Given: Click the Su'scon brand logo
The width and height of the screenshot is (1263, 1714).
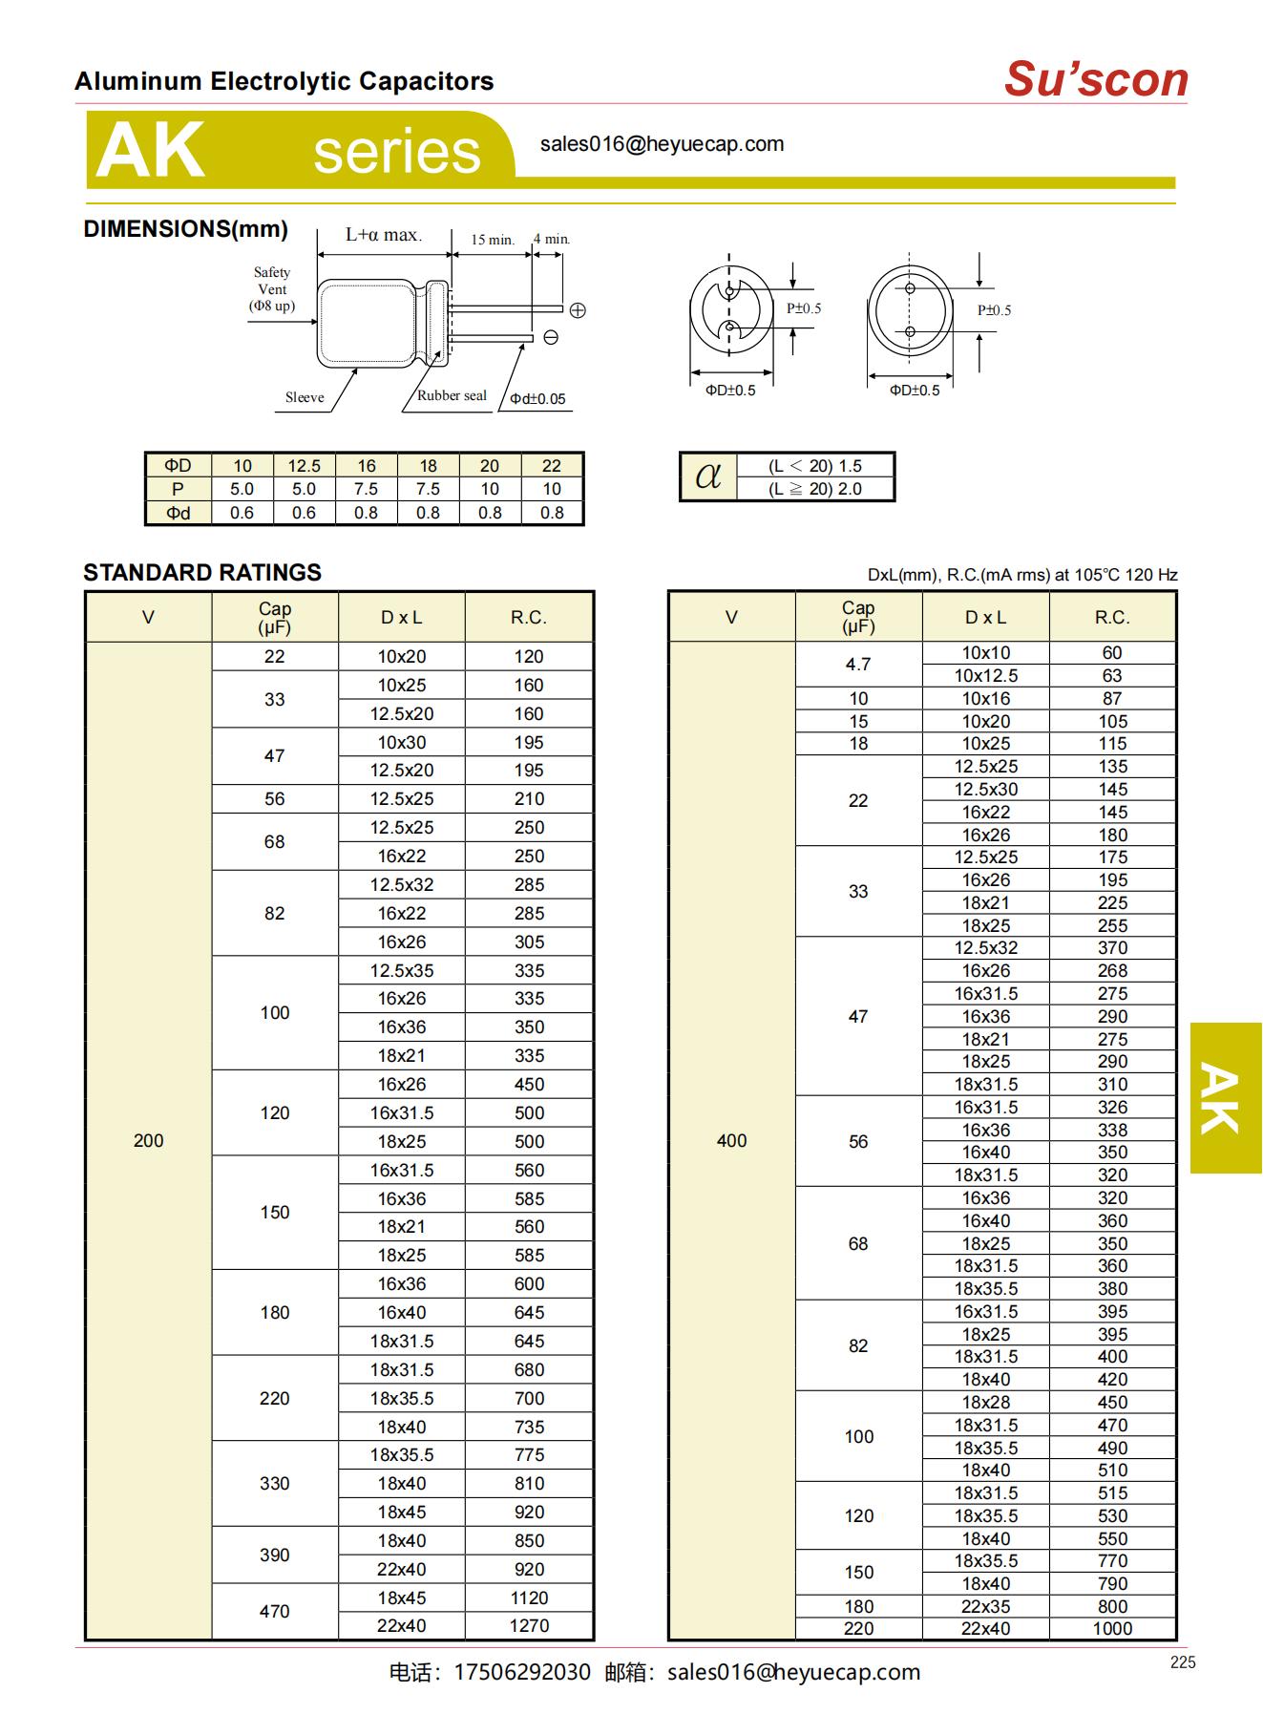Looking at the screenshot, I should click(1096, 79).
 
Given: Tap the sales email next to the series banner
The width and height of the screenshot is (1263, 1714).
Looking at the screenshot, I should click(662, 144).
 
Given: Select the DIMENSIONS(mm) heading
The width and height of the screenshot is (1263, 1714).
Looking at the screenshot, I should click(185, 229).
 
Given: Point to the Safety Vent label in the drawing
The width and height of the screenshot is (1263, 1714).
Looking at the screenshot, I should click(272, 288).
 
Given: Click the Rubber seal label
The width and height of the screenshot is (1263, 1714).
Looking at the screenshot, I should click(452, 395).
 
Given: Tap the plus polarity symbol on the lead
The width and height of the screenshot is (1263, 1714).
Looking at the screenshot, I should click(578, 310).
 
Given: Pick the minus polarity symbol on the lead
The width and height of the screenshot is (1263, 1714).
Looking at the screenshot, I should click(551, 337).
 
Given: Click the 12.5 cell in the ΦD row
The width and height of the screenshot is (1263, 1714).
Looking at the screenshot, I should click(304, 466).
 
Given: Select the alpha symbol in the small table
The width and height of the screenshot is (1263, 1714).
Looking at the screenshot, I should click(708, 476).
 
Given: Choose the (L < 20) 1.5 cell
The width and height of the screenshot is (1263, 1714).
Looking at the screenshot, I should click(814, 466).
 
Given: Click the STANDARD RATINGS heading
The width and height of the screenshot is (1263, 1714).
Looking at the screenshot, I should click(202, 573).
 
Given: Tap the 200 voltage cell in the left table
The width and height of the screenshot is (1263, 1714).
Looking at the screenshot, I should click(148, 1140).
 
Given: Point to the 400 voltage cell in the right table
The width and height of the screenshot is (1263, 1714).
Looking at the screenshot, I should click(731, 1140).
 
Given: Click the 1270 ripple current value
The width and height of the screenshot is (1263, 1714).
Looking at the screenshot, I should click(529, 1625).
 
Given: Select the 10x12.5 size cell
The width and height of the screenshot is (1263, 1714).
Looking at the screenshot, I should click(985, 675).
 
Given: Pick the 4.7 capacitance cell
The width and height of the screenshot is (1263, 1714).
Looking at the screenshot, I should click(858, 664).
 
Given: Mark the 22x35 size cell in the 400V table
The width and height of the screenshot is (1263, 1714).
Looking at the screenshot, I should click(985, 1606).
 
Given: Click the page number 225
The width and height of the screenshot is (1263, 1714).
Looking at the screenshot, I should click(1182, 1662).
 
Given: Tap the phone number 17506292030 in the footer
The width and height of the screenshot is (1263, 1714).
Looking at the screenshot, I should click(521, 1672).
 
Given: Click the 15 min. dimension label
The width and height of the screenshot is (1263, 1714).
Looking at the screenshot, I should click(492, 240).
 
